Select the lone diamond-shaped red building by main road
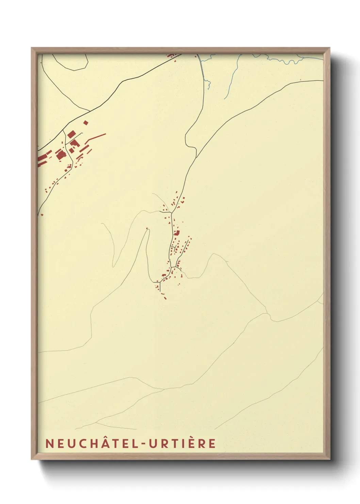pos(86,123)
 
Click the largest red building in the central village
pos(177,233)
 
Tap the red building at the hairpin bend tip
pos(147,229)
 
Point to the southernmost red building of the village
pos(165,298)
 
